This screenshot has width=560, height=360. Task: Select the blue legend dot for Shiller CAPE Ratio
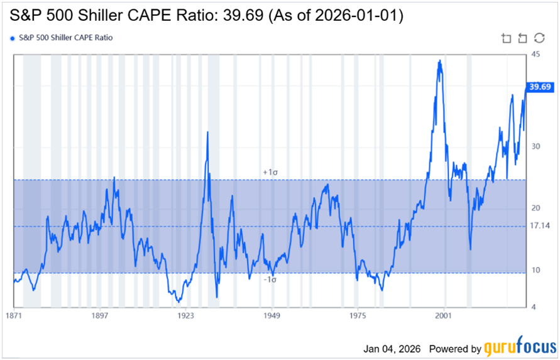(13, 38)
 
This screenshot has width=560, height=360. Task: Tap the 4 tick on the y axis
(532, 307)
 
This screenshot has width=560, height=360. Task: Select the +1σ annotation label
(270, 172)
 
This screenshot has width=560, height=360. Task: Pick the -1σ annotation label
(270, 280)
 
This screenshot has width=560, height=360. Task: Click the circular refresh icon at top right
(539, 38)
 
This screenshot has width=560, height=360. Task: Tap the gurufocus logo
(520, 347)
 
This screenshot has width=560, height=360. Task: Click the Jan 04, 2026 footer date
(390, 349)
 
